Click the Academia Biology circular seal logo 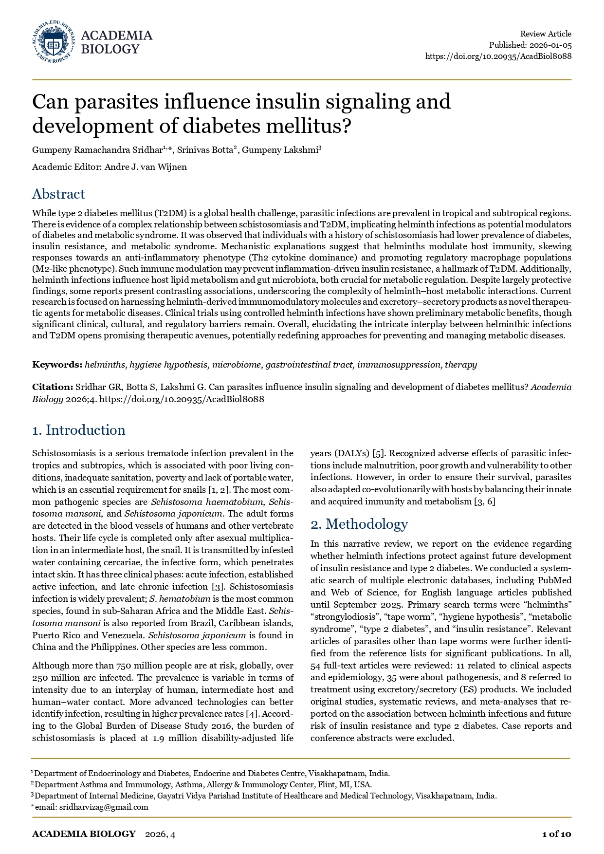(x=54, y=42)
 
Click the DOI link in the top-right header (x=498, y=56)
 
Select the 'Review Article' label (x=546, y=34)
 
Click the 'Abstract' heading (x=58, y=194)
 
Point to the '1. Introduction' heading (x=79, y=430)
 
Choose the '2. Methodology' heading (x=359, y=524)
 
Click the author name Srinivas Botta (x=204, y=150)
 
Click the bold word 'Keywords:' (x=57, y=365)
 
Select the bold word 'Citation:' (x=53, y=387)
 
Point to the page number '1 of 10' (x=556, y=834)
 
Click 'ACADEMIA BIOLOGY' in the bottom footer (x=84, y=834)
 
